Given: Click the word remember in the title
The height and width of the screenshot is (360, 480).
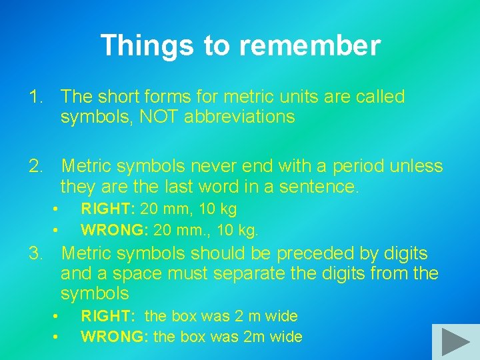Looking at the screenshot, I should coord(310,46).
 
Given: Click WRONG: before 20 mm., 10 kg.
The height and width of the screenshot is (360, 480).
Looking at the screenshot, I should coord(114,231).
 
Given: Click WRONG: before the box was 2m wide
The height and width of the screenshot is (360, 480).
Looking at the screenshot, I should coord(114,337).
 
